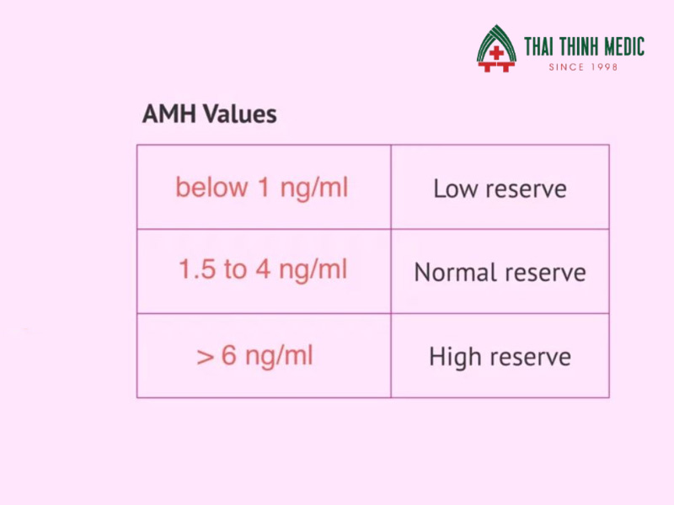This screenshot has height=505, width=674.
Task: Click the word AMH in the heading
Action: [169, 114]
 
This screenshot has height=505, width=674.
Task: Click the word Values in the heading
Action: [240, 114]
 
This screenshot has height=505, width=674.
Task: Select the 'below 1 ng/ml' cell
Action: [264, 187]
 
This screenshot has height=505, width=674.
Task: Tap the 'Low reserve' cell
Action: [500, 187]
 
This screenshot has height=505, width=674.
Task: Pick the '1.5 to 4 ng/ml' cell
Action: [264, 271]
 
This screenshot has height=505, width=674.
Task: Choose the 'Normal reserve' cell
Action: [500, 271]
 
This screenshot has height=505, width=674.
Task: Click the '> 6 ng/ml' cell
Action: [264, 355]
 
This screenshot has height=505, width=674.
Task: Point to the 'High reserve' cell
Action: [500, 355]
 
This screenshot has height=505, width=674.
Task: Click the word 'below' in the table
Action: [212, 187]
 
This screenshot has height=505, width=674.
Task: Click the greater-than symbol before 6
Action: [206, 357]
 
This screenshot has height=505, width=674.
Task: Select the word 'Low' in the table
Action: [456, 189]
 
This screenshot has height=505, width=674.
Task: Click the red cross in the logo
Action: [496, 54]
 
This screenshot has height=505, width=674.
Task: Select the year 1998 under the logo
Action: [604, 67]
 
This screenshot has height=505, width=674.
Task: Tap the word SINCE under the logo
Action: [566, 67]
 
